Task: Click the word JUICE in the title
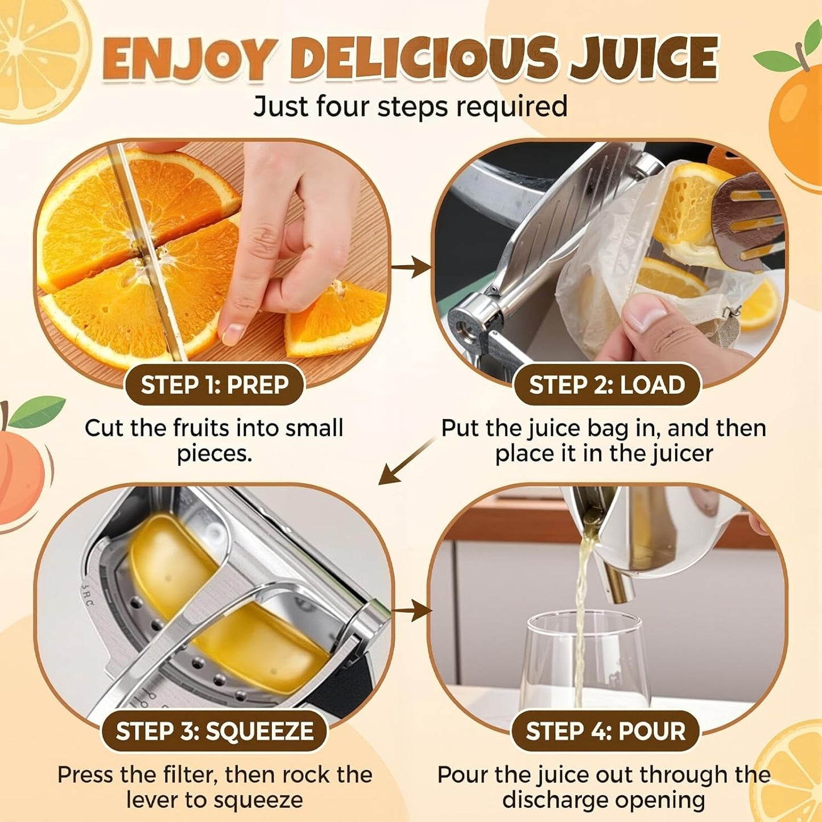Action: pos(645,59)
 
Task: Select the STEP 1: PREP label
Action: pos(214,385)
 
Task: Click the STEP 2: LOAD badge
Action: pos(607,385)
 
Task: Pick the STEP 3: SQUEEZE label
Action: pos(214,731)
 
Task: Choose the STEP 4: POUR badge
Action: pos(605,731)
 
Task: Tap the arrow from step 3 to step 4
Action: pos(412,612)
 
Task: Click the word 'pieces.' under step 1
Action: pos(214,454)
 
